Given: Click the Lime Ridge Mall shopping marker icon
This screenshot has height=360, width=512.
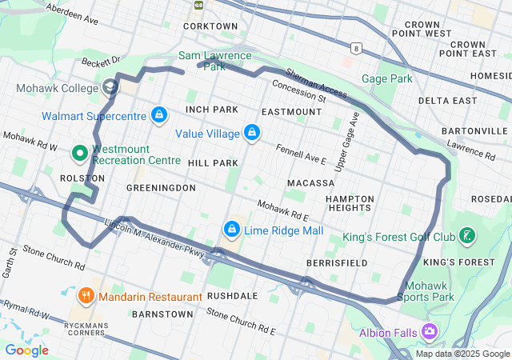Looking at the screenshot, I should [232, 230].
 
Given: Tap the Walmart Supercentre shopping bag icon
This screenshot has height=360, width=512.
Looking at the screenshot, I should [159, 116].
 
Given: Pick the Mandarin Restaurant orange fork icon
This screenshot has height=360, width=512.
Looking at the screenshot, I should [86, 297].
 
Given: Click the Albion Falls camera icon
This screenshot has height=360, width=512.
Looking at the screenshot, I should [430, 331].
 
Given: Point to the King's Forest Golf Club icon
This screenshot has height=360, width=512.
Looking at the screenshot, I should [467, 236].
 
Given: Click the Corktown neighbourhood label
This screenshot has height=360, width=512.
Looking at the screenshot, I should [210, 26].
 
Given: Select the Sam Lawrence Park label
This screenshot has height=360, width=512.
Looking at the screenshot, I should [214, 61].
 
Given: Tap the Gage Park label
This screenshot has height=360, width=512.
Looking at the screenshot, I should [386, 78].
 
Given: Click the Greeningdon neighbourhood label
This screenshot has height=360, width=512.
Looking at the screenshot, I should [161, 187].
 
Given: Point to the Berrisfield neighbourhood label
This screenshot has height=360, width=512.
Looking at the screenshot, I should [337, 262].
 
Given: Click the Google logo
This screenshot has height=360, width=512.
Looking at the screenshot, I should [26, 350].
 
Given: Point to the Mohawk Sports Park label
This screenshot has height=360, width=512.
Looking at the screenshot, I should [430, 291].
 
